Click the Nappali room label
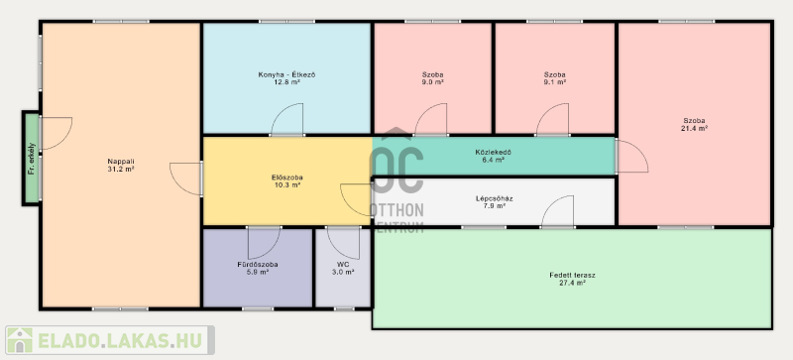click(121, 162)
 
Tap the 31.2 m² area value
click(121, 170)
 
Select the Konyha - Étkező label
click(286, 75)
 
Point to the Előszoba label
click(286, 178)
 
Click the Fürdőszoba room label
click(258, 265)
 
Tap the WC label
click(343, 265)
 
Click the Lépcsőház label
click(494, 198)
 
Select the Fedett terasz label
click(572, 276)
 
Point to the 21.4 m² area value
click(694, 128)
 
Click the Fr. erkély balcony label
click(32, 159)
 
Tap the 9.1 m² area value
click(555, 82)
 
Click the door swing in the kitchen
click(287, 119)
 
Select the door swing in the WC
click(343, 243)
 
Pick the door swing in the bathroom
click(264, 243)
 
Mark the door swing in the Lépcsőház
click(557, 211)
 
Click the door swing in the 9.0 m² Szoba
click(431, 119)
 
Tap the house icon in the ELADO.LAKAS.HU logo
click(20, 340)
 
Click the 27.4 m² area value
click(572, 283)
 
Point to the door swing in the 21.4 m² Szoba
click(632, 157)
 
